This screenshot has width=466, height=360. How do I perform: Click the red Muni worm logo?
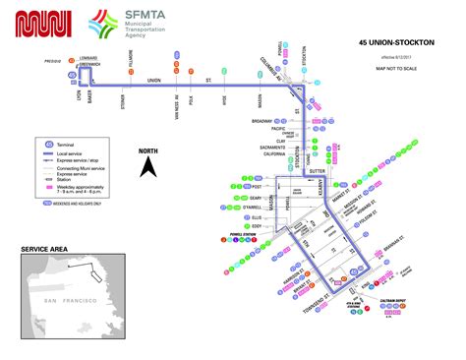[x=44, y=24]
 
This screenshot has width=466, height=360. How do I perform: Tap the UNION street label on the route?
[x=153, y=81]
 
